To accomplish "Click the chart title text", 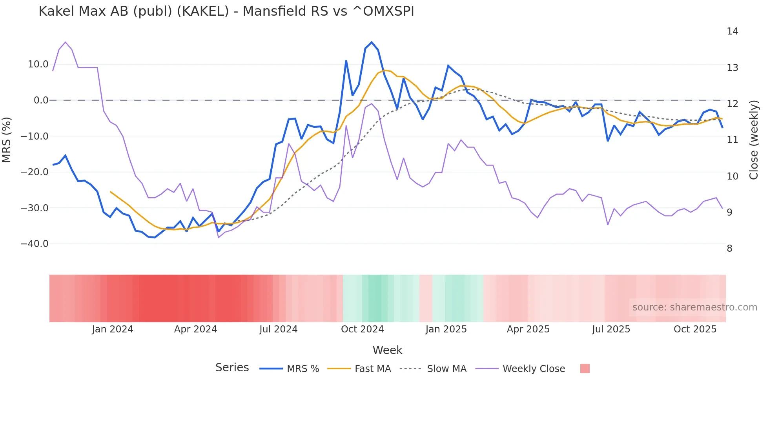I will [x=226, y=11].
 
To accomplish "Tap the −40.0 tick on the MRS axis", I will [x=35, y=244].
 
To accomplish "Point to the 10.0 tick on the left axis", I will [x=38, y=64].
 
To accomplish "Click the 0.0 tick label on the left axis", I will [x=41, y=100].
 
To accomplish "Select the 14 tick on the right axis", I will [x=733, y=31].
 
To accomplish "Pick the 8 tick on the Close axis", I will [x=730, y=249].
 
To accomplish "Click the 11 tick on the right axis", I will [x=733, y=140].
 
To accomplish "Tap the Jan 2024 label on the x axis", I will [x=113, y=329].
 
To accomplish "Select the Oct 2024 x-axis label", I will [x=362, y=329].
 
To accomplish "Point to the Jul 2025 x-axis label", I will [x=611, y=329].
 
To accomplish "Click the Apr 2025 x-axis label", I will [x=528, y=329].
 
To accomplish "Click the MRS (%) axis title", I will [x=7, y=140].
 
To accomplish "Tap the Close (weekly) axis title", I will [x=754, y=140].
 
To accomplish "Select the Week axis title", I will [x=387, y=350].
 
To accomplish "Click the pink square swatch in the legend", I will [x=585, y=368].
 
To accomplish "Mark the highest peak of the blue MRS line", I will [x=372, y=42].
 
